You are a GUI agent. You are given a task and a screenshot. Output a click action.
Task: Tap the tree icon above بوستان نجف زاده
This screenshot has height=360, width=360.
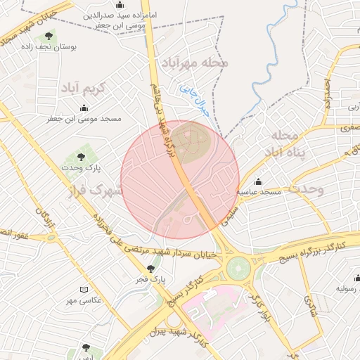pyautogui.click(x=49, y=37)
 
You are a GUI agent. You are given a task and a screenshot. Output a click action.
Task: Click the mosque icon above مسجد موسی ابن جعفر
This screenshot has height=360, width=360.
pyautogui.click(x=84, y=108)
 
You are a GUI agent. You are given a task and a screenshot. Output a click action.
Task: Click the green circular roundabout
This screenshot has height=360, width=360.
pyautogui.click(x=238, y=267)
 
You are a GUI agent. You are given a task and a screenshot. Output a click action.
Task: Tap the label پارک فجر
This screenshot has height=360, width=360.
pyautogui.click(x=151, y=280)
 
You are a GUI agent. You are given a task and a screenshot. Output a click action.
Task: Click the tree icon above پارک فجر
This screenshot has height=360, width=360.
pyautogui.click(x=150, y=268)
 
